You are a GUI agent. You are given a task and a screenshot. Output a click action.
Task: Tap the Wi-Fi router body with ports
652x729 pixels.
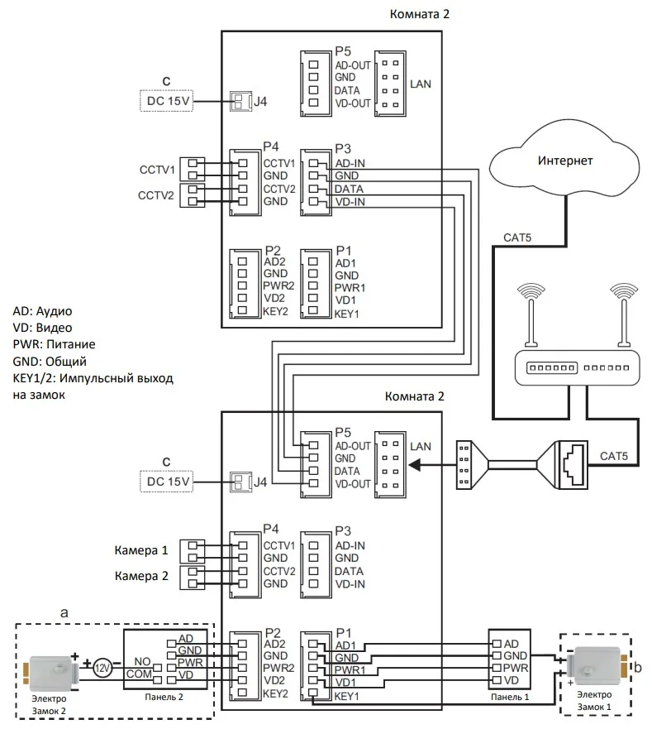[574, 367]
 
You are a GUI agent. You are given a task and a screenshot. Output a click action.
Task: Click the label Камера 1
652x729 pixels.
[141, 549]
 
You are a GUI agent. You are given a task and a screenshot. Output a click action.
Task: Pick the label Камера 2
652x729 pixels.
[141, 576]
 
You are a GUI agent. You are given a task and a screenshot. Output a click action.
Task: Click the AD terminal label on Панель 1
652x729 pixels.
[511, 643]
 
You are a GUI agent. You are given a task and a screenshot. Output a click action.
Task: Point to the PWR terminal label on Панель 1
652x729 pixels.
[515, 667]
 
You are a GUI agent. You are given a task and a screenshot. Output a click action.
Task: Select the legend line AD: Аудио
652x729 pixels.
[43, 312]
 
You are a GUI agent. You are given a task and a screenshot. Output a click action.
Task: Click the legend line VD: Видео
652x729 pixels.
[42, 329]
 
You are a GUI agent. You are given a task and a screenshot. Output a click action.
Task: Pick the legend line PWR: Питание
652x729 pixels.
[54, 345]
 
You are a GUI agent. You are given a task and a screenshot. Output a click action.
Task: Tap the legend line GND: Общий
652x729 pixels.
[50, 362]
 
